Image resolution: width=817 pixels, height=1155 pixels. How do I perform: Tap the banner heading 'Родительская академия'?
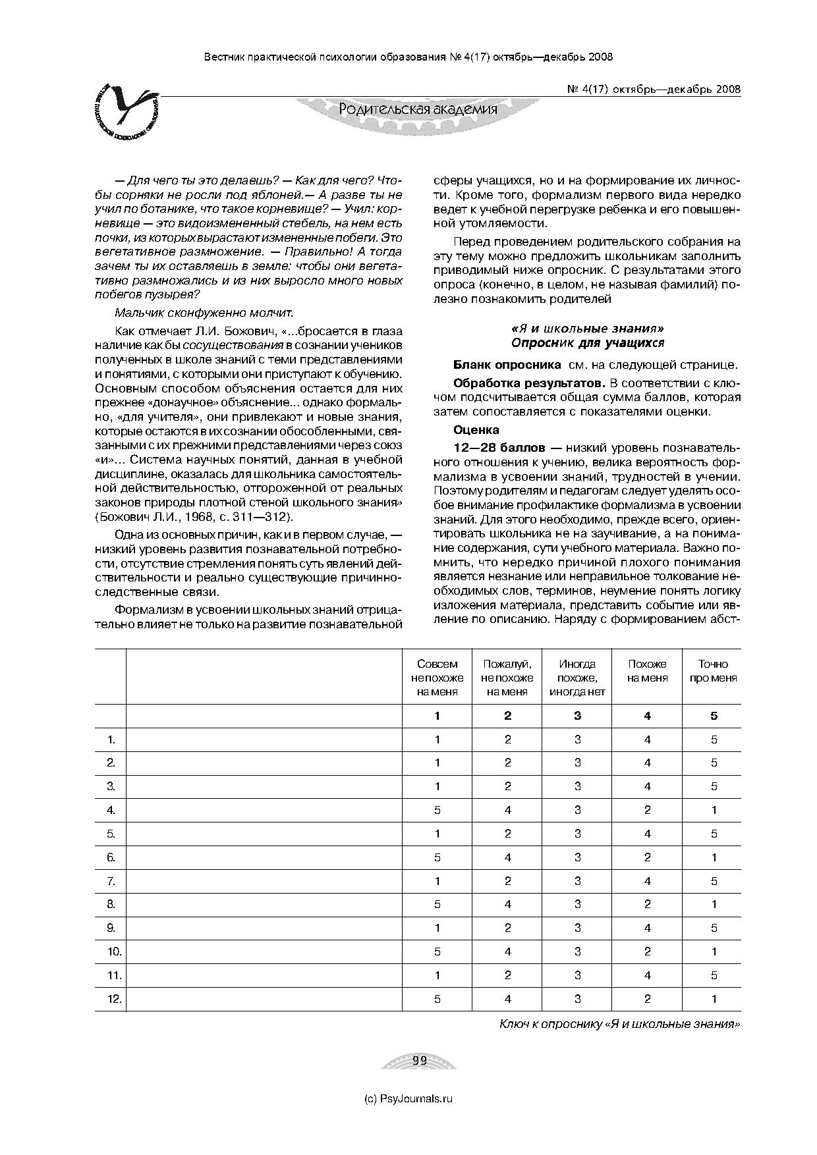[418, 109]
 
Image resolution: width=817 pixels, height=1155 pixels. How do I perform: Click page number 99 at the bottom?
[420, 1061]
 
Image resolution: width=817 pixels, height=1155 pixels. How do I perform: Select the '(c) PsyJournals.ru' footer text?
[408, 1098]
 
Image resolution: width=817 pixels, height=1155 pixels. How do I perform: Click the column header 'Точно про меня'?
[714, 671]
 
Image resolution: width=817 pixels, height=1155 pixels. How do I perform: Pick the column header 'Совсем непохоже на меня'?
[437, 678]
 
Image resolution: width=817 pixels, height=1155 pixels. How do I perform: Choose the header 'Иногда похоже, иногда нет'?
[577, 678]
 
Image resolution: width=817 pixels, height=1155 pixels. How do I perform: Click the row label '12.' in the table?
[115, 999]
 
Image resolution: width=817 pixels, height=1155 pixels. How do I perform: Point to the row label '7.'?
[111, 881]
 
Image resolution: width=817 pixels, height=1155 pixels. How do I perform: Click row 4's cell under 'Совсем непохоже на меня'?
[437, 810]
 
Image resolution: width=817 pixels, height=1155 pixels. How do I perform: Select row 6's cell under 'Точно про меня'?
[714, 857]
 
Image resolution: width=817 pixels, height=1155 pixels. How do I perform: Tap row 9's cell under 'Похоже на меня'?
[648, 928]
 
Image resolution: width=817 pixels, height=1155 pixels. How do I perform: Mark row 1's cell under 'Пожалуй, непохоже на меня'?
[507, 739]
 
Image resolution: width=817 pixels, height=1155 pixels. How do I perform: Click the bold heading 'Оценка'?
[476, 430]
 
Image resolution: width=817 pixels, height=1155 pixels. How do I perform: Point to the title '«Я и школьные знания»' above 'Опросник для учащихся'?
[587, 328]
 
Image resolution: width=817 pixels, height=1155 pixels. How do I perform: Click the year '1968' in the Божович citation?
[193, 517]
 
